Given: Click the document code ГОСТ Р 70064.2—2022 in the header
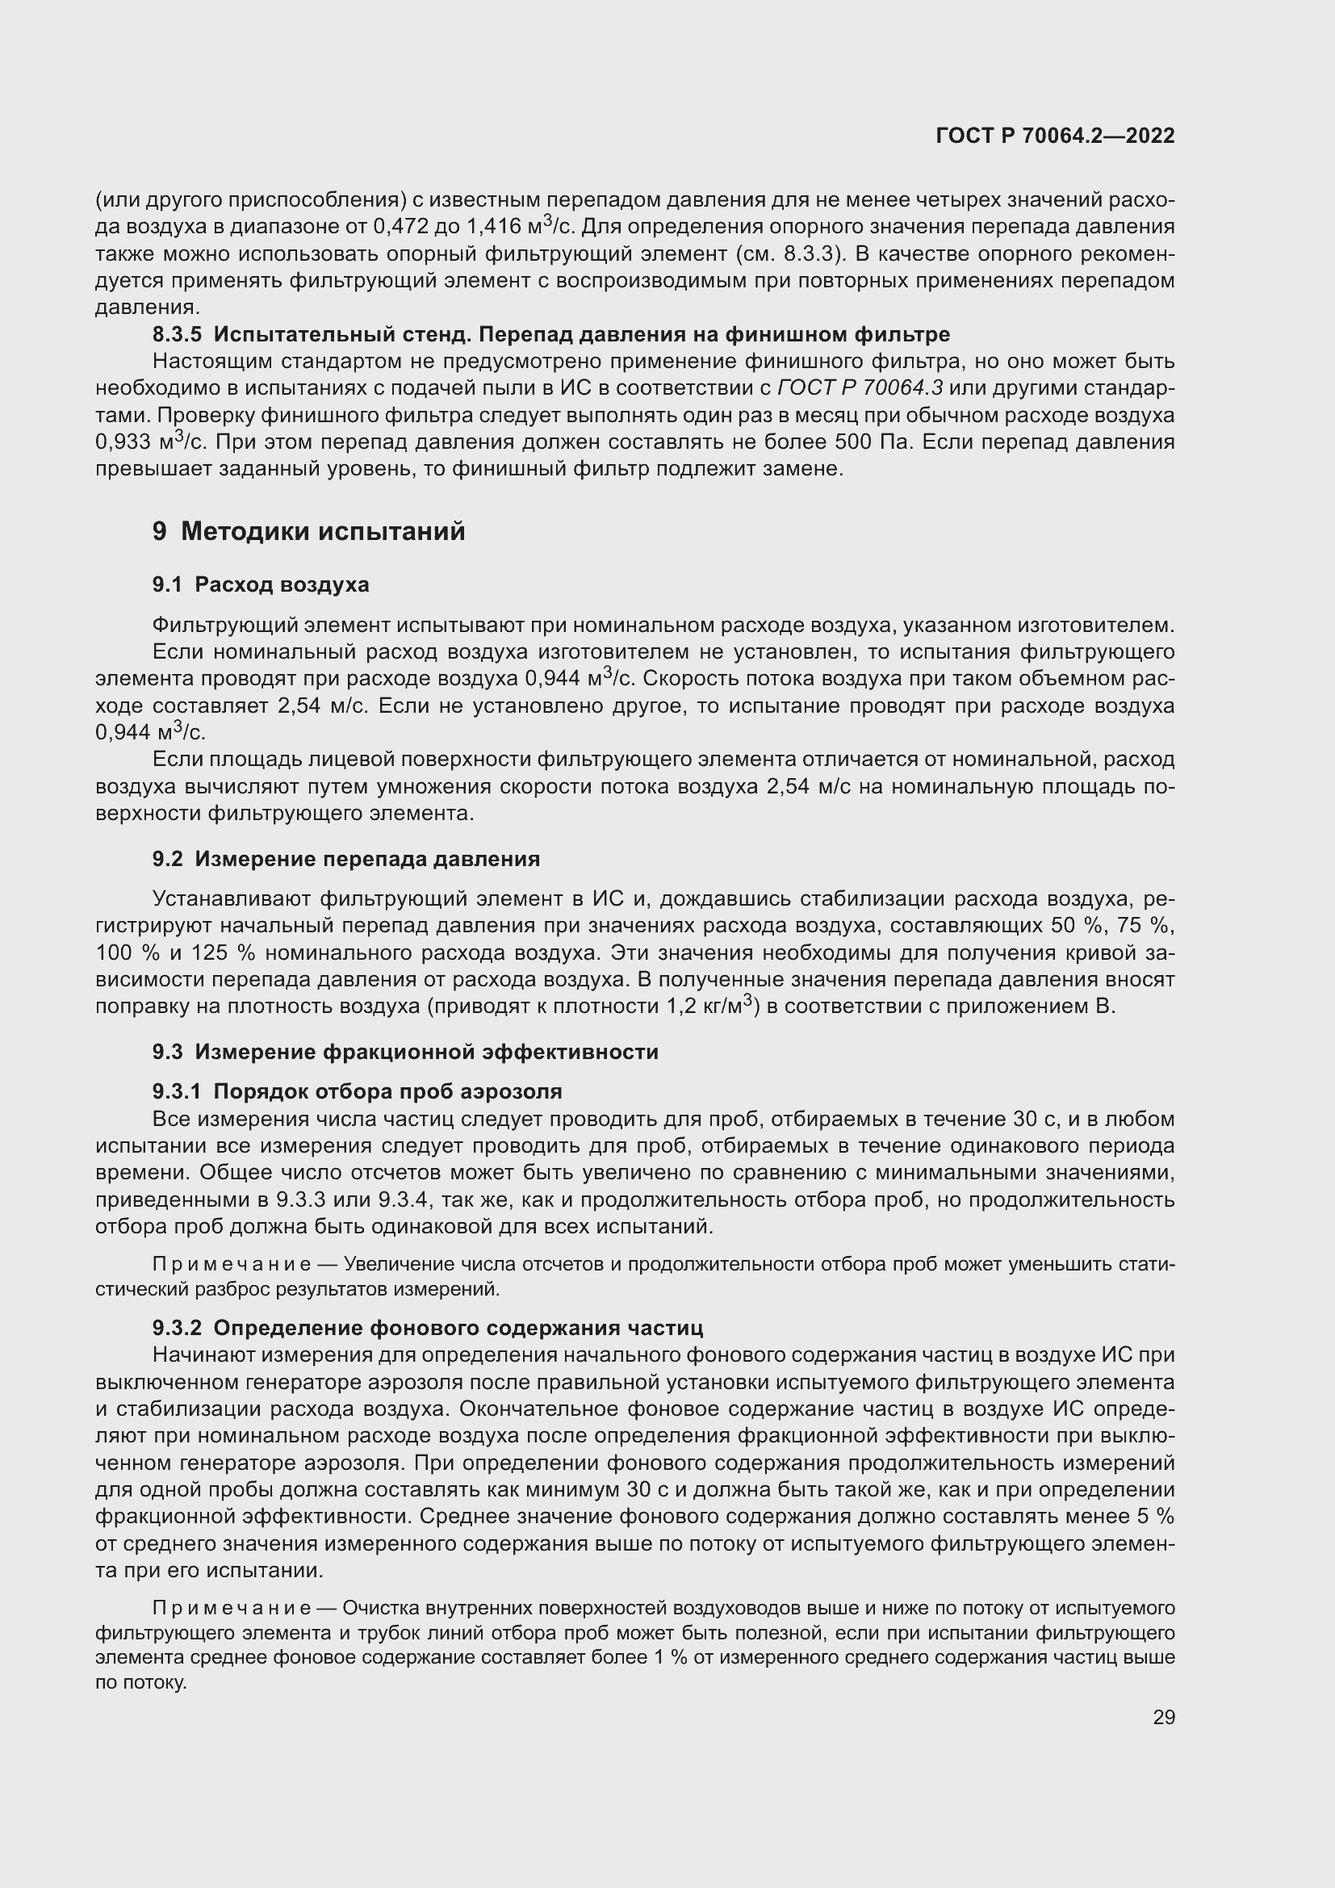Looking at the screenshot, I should click(1056, 136).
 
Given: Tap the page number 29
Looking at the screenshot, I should click(1163, 1718).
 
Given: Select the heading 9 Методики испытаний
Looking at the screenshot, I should click(308, 532).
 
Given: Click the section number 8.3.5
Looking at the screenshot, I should click(177, 335).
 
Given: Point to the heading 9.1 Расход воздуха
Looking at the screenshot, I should click(261, 584).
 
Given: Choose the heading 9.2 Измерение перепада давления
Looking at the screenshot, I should click(346, 860).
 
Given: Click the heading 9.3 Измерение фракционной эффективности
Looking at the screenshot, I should click(405, 1053).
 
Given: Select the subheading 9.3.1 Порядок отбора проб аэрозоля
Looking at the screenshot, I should click(357, 1092).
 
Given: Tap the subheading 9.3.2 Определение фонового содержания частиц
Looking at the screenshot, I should click(428, 1328).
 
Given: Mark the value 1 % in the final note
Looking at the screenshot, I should click(670, 1657).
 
